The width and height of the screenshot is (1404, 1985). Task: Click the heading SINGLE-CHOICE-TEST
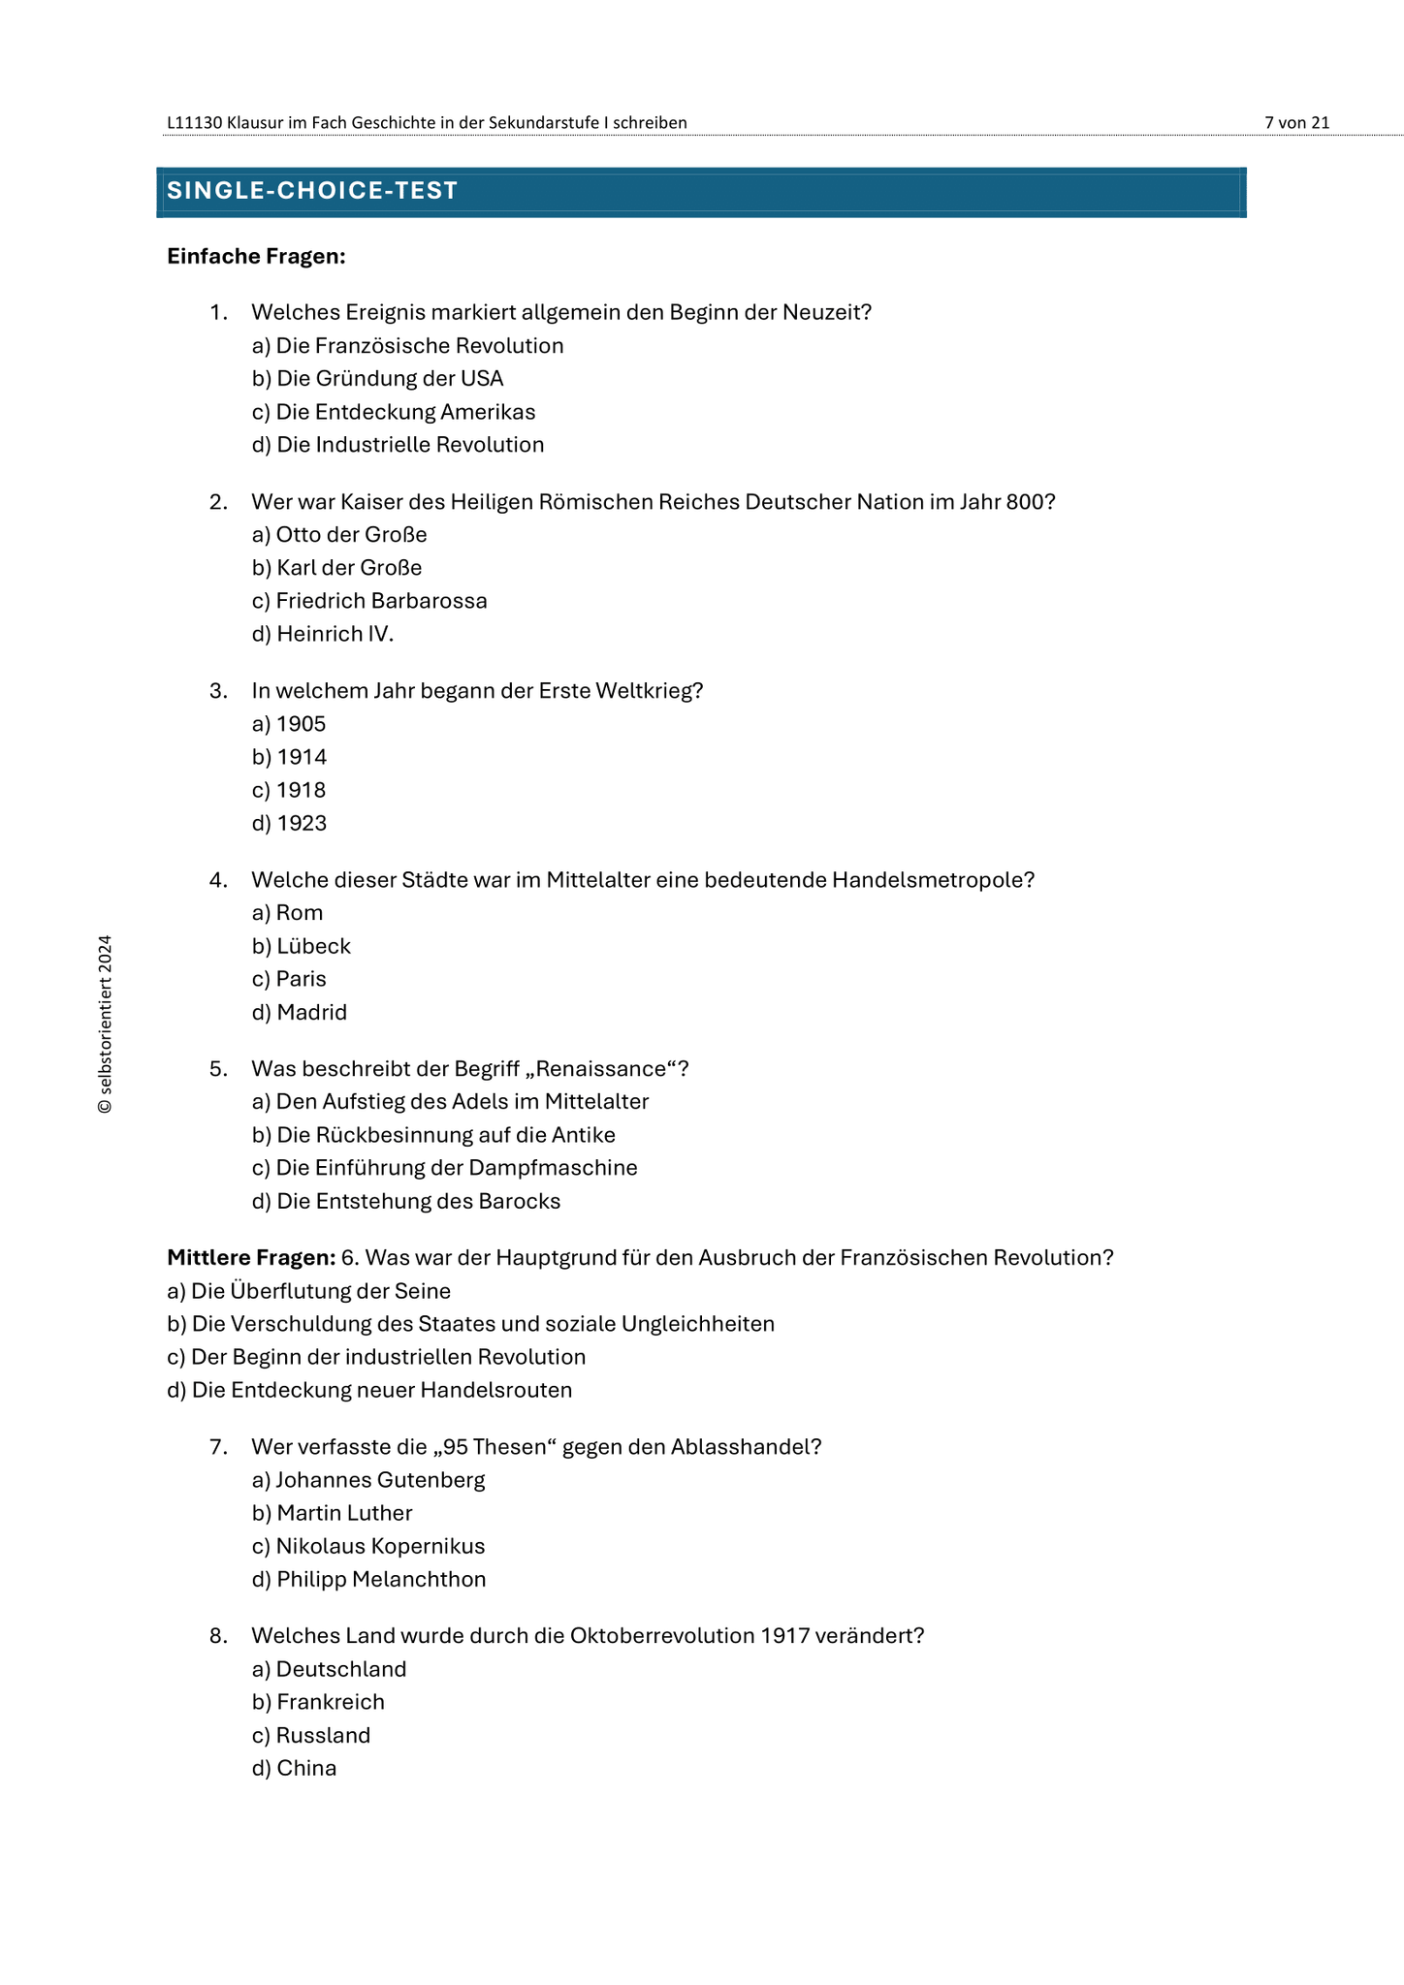pyautogui.click(x=312, y=191)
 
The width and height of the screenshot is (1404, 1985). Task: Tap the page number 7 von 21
pyautogui.click(x=1296, y=122)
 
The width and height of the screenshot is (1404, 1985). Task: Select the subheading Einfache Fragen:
pyautogui.click(x=256, y=256)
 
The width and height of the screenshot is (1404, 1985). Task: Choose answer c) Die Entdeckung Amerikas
pyautogui.click(x=394, y=412)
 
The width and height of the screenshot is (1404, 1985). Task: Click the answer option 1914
pyautogui.click(x=290, y=757)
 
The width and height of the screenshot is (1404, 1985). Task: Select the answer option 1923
pyautogui.click(x=290, y=824)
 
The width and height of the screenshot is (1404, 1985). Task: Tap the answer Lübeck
pyautogui.click(x=302, y=946)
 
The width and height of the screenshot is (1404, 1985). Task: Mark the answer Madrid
pyautogui.click(x=300, y=1013)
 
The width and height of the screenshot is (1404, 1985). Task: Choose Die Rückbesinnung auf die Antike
pyautogui.click(x=433, y=1135)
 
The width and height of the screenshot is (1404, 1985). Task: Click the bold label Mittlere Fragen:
pyautogui.click(x=251, y=1258)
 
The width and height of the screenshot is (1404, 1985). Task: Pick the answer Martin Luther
pyautogui.click(x=333, y=1513)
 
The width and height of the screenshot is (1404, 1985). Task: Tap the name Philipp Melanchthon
pyautogui.click(x=369, y=1580)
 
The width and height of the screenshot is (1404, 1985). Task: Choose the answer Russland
pyautogui.click(x=311, y=1735)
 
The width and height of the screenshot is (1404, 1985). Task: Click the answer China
pyautogui.click(x=295, y=1769)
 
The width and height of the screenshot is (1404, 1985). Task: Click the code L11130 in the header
pyautogui.click(x=195, y=122)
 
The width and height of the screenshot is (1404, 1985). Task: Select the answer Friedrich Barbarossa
pyautogui.click(x=369, y=601)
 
